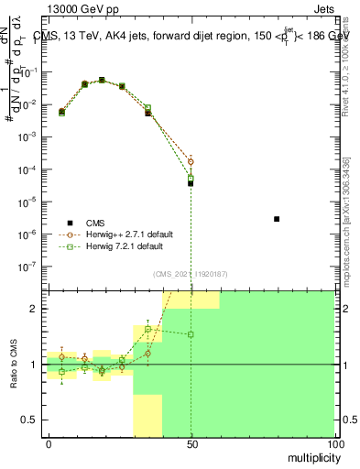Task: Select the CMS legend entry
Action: (x=95, y=223)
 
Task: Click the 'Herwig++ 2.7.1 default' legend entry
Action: (x=124, y=234)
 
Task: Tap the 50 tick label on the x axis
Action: (x=191, y=443)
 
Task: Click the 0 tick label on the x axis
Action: (x=49, y=443)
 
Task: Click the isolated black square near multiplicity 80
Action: (x=277, y=219)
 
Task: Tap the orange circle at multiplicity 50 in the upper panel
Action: (x=191, y=161)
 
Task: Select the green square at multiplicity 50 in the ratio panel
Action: (x=191, y=334)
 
